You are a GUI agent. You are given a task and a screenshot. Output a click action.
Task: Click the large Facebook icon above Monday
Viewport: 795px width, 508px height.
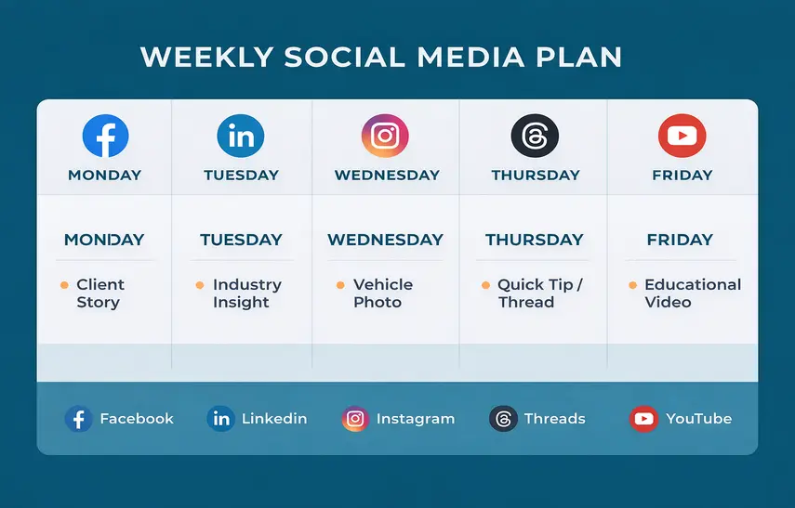(x=105, y=136)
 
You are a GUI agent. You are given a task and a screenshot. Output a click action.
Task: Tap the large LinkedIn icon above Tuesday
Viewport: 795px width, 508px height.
(x=241, y=137)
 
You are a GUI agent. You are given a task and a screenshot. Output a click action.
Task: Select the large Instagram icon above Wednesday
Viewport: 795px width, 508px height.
(x=385, y=137)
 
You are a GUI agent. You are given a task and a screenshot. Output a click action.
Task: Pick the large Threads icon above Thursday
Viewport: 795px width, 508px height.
(x=535, y=137)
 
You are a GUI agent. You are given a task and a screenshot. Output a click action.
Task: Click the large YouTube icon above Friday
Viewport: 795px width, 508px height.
(x=682, y=137)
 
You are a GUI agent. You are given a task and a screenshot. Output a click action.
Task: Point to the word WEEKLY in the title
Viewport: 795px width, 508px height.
(x=206, y=56)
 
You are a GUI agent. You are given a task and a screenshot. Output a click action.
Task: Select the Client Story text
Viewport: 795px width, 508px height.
(x=99, y=293)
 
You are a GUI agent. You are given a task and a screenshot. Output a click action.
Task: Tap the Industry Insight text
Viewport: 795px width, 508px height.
(x=246, y=293)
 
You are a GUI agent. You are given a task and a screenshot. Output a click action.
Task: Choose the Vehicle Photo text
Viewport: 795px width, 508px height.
(x=382, y=293)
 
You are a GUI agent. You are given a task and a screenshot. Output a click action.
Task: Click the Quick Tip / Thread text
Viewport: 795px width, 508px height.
(x=539, y=293)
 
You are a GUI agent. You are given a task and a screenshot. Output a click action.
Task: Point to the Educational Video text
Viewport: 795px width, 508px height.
(x=692, y=293)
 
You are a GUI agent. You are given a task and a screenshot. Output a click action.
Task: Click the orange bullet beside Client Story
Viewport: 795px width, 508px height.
(x=64, y=285)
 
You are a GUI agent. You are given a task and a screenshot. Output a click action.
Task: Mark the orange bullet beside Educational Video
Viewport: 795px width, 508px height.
(x=632, y=285)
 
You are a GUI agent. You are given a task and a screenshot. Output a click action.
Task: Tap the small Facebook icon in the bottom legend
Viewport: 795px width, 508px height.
(x=77, y=419)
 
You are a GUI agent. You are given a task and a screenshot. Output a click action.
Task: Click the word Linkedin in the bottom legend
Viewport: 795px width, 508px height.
(x=273, y=419)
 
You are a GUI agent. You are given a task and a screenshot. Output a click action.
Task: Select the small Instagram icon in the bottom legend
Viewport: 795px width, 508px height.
(x=354, y=419)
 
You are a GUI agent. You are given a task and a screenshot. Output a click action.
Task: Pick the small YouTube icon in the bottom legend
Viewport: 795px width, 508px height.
(x=643, y=419)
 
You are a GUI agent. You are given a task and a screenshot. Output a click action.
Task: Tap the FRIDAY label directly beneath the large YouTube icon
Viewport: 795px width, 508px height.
(x=682, y=175)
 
